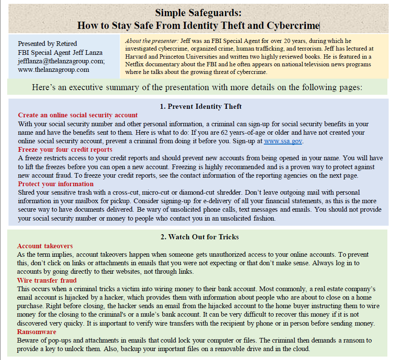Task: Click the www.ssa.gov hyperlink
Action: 283,142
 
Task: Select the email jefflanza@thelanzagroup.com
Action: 61,61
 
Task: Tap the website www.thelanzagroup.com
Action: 54,70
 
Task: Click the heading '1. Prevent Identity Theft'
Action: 201,106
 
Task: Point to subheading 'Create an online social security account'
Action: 78,115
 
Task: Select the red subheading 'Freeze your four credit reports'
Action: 65,150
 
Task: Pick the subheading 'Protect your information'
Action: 56,184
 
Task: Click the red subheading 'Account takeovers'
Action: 45,246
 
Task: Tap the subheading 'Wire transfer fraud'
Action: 47,281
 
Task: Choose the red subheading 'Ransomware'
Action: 37,332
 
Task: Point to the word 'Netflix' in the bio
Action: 135,64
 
